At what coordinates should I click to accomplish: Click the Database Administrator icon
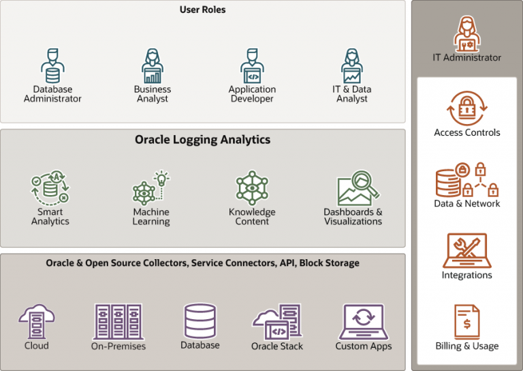52,65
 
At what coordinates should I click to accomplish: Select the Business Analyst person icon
153,65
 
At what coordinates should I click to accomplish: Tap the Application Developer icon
252,65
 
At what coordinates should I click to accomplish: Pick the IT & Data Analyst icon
352,65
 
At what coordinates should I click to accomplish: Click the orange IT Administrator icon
467,33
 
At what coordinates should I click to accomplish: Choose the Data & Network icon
467,179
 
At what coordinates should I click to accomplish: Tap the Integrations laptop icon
467,250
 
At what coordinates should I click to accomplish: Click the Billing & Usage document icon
467,322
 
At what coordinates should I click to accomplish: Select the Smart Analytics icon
50,188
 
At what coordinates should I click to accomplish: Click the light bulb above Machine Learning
162,178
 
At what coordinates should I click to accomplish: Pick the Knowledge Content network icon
252,188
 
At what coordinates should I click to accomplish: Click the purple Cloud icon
36,321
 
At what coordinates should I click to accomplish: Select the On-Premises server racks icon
118,322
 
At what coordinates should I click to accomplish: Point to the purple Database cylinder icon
200,321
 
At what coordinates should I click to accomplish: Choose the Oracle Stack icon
277,322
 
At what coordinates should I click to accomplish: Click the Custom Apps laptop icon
364,322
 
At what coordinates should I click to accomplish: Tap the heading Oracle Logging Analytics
202,140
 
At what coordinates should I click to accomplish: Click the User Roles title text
202,10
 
